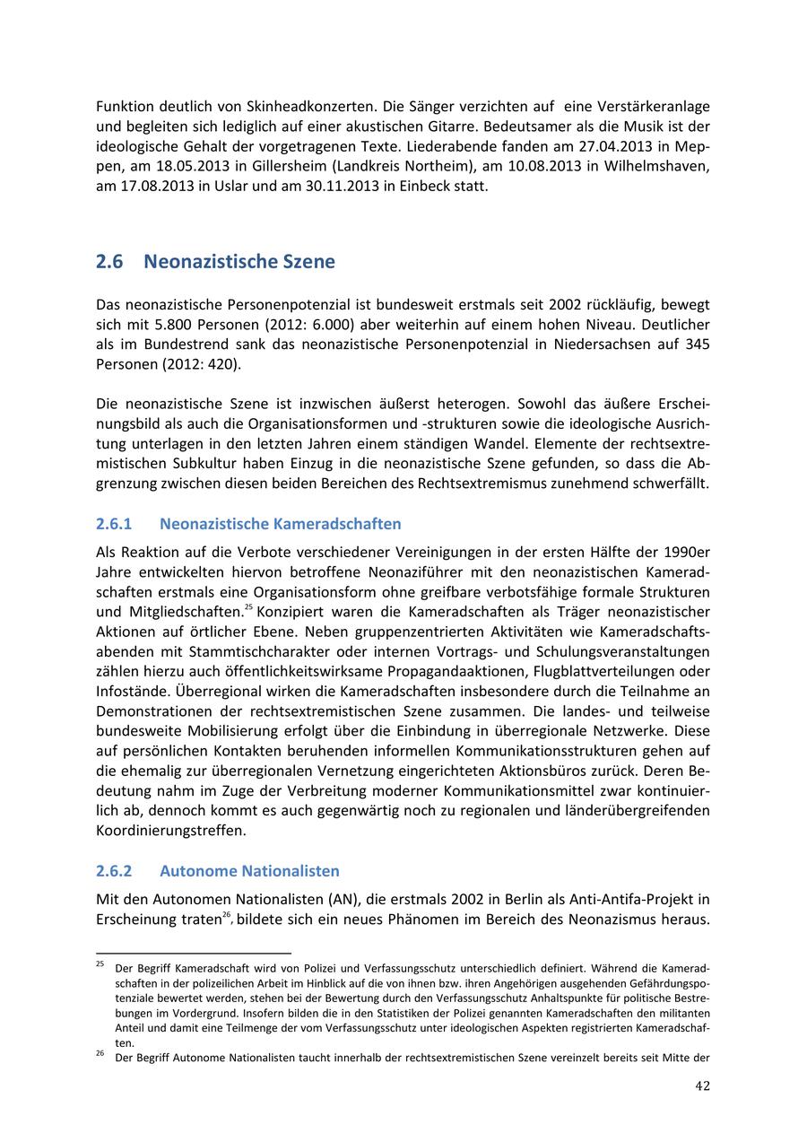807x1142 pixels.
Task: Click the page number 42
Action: pos(702,1085)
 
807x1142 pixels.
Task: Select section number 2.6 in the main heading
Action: pos(108,262)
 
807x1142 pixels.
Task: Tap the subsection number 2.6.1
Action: pos(114,524)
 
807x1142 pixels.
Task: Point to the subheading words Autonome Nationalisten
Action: pos(249,871)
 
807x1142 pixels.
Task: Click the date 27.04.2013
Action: pos(625,145)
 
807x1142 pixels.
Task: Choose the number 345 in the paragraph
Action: pos(698,344)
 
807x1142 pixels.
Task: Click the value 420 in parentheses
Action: pos(220,365)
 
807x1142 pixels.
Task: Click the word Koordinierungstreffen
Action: pos(170,831)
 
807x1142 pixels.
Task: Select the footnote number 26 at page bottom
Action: pos(100,1055)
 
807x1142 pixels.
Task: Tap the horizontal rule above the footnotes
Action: pos(194,953)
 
